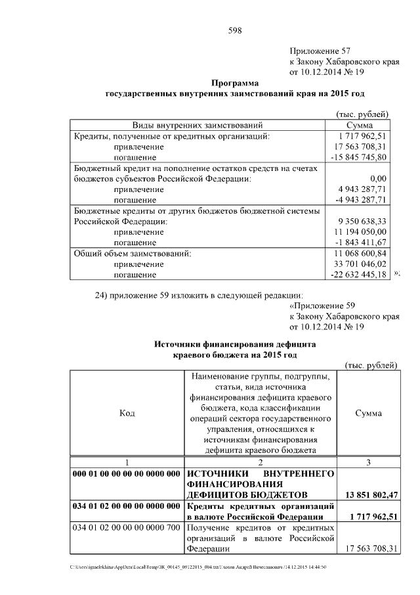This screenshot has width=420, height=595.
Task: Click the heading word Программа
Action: pyautogui.click(x=235, y=83)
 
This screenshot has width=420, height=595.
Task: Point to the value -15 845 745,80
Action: pyautogui.click(x=360, y=157)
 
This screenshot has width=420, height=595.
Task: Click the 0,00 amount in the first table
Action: pyautogui.click(x=378, y=178)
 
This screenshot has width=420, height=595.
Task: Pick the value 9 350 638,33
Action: pyautogui.click(x=360, y=222)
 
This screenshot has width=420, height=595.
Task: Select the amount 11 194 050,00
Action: pyautogui.click(x=360, y=232)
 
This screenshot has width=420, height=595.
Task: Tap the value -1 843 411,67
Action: pyautogui.click(x=360, y=243)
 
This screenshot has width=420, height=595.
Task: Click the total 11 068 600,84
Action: pyautogui.click(x=360, y=253)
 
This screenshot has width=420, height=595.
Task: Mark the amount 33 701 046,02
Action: pyautogui.click(x=360, y=264)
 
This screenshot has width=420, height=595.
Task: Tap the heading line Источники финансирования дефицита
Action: pyautogui.click(x=235, y=343)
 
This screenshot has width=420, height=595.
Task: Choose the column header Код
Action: pyautogui.click(x=127, y=413)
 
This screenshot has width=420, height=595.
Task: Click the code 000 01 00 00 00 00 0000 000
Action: pyautogui.click(x=127, y=473)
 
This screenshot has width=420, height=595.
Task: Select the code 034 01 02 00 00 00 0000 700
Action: pyautogui.click(x=127, y=528)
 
